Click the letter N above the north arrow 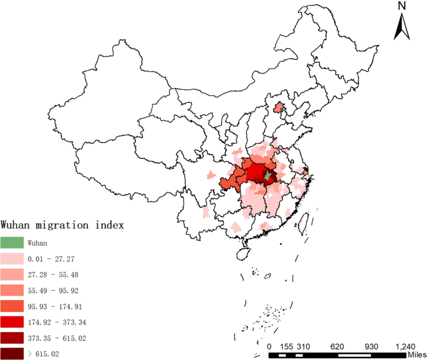pyautogui.click(x=402, y=6)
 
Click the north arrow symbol pyautogui.click(x=401, y=28)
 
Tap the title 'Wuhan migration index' pyautogui.click(x=63, y=224)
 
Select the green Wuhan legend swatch pyautogui.click(x=12, y=243)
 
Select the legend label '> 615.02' pyautogui.click(x=44, y=355)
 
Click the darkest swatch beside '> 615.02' pyautogui.click(x=12, y=355)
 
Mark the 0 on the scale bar pyautogui.click(x=269, y=346)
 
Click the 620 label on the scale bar pyautogui.click(x=336, y=346)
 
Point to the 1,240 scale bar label pyautogui.click(x=405, y=346)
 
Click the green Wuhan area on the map pyautogui.click(x=267, y=177)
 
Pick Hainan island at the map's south pyautogui.click(x=242, y=253)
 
